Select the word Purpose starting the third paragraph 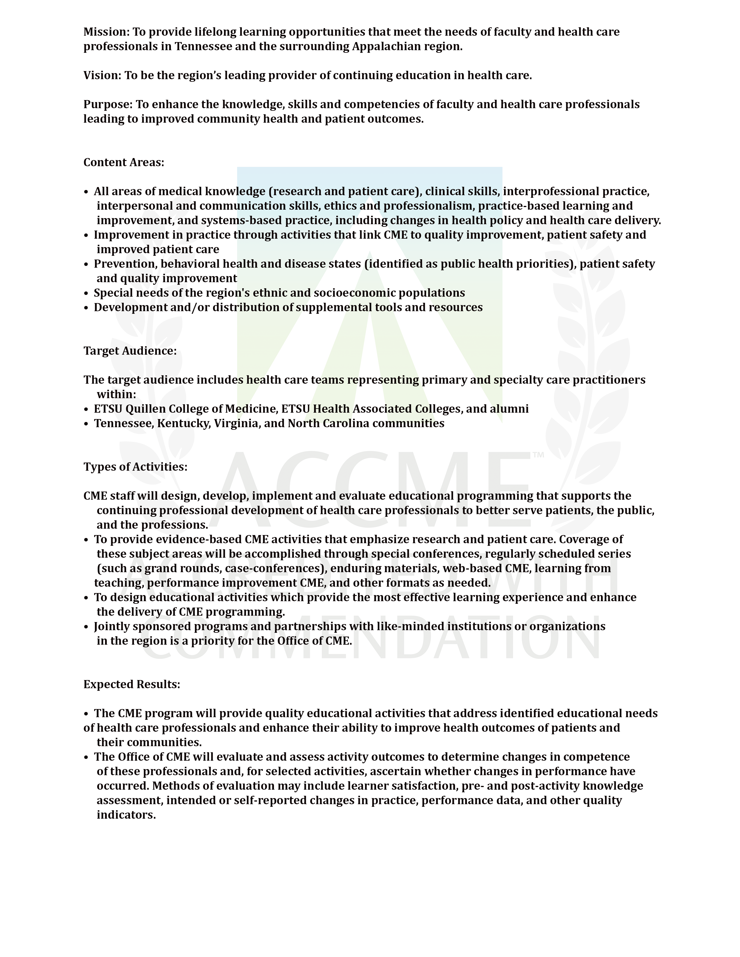click(107, 105)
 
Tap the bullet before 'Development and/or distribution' click(86, 308)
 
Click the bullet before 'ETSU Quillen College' click(86, 409)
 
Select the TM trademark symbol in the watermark click(538, 455)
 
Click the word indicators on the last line click(126, 815)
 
